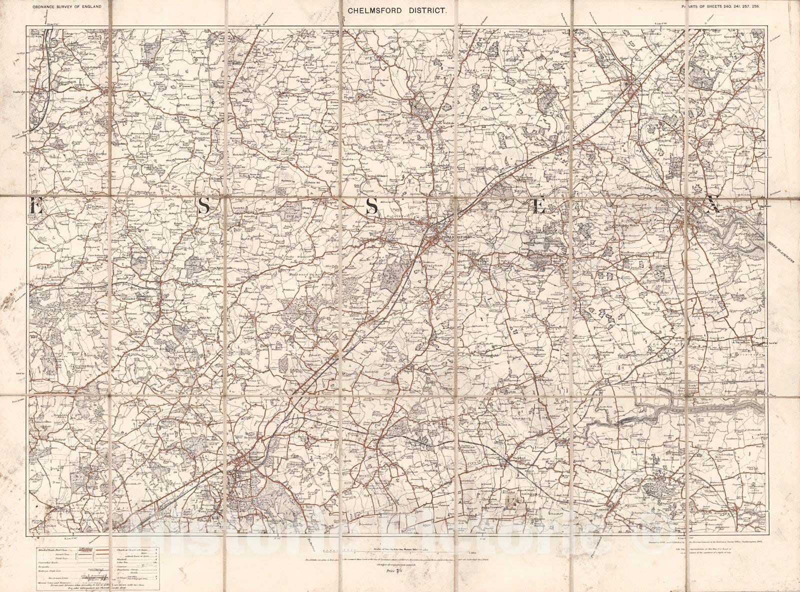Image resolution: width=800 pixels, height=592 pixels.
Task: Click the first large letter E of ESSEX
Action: (36, 207)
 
